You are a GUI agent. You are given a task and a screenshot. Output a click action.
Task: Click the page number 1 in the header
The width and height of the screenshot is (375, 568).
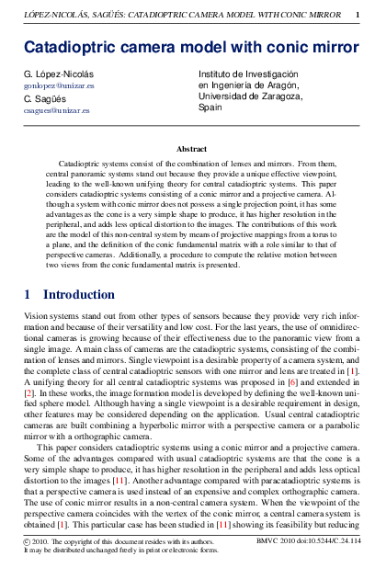click(357, 16)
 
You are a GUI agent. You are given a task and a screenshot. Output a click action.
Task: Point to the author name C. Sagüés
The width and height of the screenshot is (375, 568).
click(42, 97)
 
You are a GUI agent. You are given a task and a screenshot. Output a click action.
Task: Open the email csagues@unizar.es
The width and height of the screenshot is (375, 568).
click(51, 109)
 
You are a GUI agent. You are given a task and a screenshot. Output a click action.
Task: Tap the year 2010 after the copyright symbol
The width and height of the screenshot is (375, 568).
click(43, 543)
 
